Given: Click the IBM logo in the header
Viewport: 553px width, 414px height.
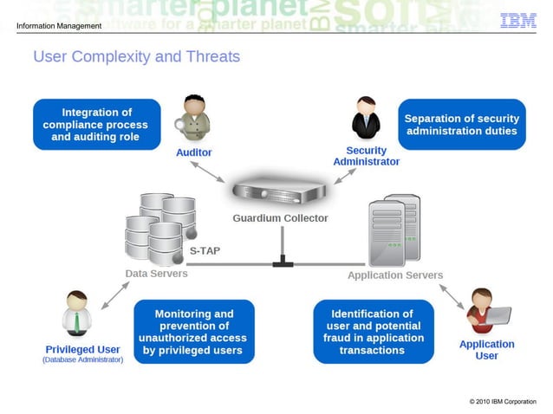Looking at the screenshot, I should click(517, 21).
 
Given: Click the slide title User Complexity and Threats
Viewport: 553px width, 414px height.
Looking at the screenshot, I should click(136, 57).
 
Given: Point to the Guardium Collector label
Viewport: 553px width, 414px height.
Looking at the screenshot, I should click(280, 218).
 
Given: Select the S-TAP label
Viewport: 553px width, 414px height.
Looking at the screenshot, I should click(205, 251).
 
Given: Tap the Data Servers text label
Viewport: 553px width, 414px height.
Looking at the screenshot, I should click(156, 274).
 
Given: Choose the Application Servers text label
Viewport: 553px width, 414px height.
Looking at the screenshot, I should click(395, 275).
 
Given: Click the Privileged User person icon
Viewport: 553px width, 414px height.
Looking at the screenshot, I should click(77, 314).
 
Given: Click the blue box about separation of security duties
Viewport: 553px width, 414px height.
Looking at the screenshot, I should click(461, 125).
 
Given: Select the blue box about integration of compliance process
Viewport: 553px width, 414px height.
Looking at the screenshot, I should click(97, 125).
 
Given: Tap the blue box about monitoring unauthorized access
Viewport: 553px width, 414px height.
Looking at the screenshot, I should click(194, 332).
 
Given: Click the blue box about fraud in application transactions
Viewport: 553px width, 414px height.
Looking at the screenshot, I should click(372, 332).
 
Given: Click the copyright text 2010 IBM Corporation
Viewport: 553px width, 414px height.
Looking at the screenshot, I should click(503, 402).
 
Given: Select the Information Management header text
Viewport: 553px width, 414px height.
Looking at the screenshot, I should click(59, 25).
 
